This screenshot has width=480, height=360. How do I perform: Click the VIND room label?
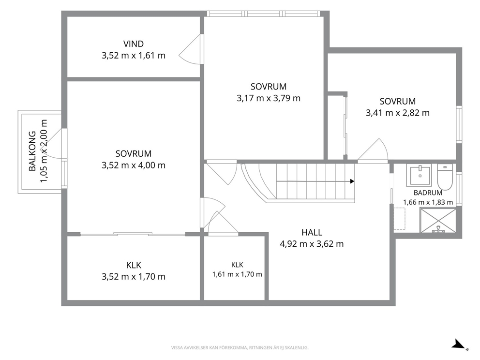(x=134, y=44)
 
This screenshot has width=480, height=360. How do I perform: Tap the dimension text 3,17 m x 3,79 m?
(x=269, y=98)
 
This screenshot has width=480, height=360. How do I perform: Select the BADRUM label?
(x=428, y=193)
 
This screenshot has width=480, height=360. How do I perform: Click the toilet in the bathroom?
(x=445, y=177)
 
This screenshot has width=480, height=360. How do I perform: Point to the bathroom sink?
(x=419, y=175)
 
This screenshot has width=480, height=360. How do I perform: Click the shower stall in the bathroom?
(x=438, y=220)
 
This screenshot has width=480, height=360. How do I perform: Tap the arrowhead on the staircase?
(x=352, y=181)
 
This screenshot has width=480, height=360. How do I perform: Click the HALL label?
(x=312, y=233)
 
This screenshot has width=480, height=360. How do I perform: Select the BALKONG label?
(x=32, y=151)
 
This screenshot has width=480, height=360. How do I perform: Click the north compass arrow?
(x=459, y=344)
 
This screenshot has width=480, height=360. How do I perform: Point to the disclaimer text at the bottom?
(x=240, y=348)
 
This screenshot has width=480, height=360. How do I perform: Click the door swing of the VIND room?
(x=191, y=49)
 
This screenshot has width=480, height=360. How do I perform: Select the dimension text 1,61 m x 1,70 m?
(x=237, y=274)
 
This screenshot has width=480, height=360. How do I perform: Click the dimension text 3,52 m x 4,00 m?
(x=134, y=165)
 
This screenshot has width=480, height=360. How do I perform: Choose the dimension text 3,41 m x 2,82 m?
(x=398, y=113)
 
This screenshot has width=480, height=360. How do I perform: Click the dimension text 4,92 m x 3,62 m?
(x=312, y=244)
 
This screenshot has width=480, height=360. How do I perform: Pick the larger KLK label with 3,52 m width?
(x=134, y=265)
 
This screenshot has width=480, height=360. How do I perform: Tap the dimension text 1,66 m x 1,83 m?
(x=428, y=202)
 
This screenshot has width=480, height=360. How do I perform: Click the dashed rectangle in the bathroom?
(x=399, y=219)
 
